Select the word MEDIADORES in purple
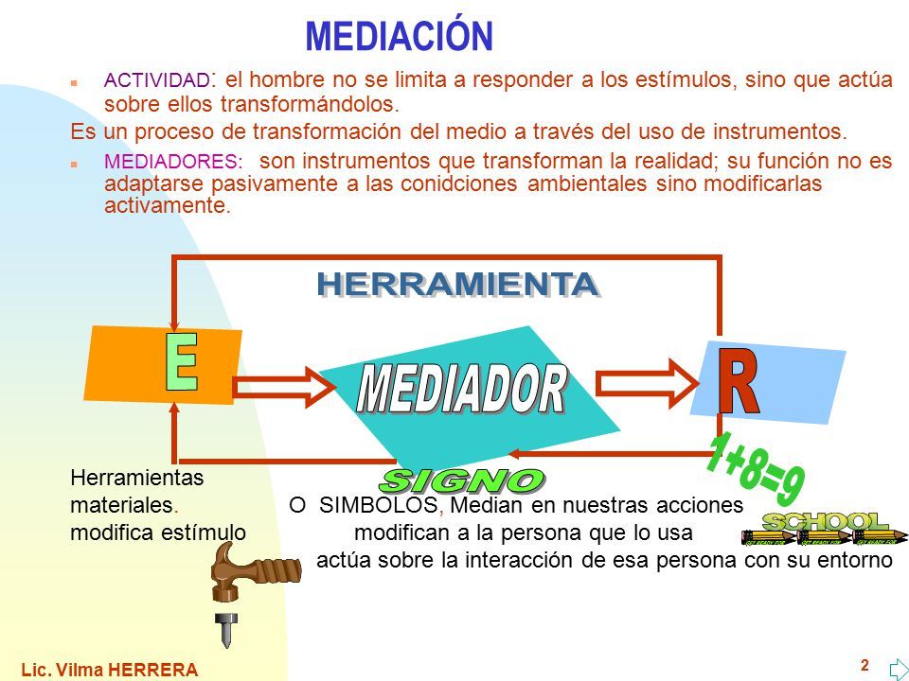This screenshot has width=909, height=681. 171,161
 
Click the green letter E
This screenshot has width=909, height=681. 182,362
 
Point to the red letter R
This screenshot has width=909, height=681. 738,380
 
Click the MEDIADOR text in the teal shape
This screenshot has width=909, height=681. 461,388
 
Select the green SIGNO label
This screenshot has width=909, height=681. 461,480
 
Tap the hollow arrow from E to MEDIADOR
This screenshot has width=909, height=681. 284,388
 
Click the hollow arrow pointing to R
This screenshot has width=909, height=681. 647,383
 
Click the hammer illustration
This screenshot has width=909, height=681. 254,571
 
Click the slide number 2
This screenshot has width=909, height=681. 864,665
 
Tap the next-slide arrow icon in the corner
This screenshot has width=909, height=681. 899,670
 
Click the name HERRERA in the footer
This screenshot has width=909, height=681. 153,670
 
